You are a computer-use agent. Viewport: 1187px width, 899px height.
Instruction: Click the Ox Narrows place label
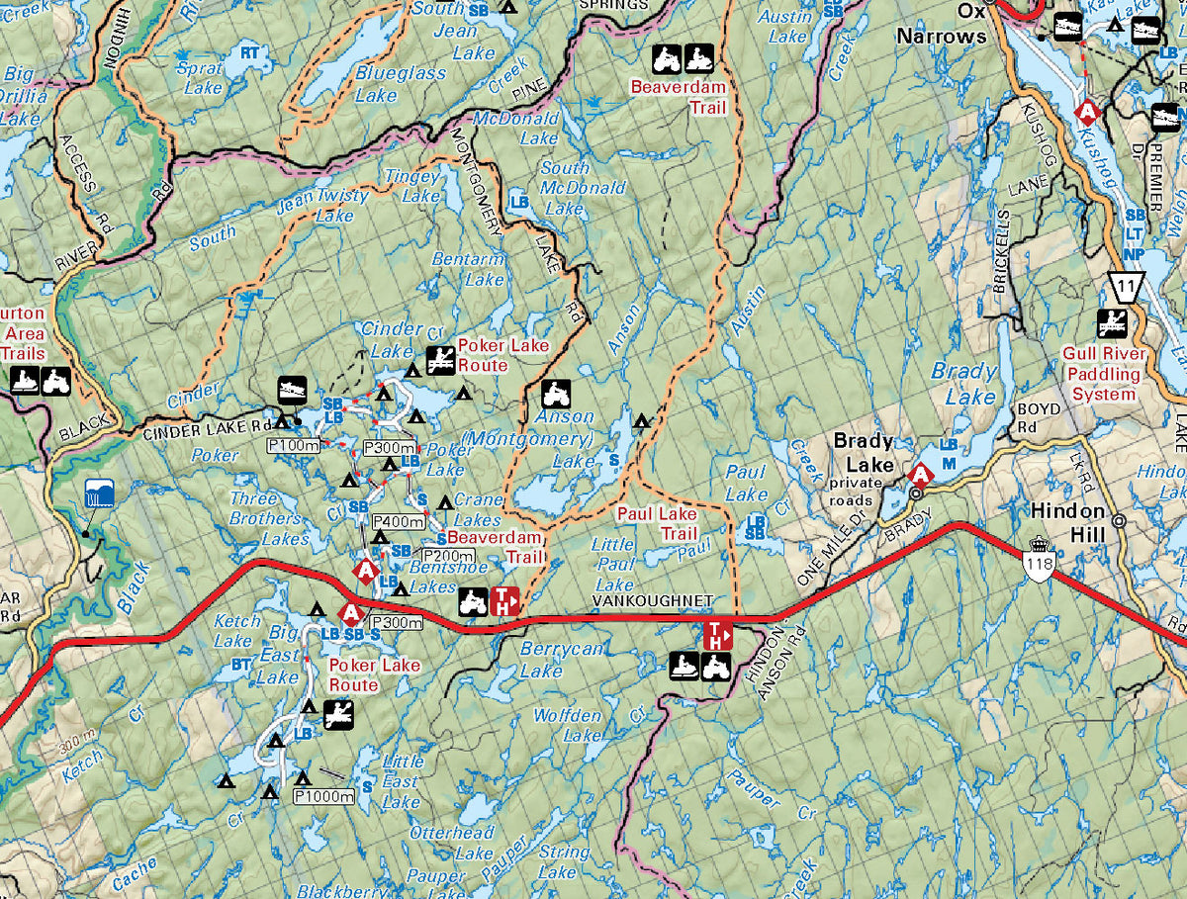(941, 24)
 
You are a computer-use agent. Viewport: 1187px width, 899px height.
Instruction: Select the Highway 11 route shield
(1126, 286)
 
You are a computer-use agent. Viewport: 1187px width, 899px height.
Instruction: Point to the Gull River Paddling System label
(1104, 374)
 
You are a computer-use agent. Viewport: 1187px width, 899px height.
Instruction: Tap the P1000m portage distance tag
(323, 796)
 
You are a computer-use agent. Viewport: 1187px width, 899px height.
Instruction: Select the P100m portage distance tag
(293, 447)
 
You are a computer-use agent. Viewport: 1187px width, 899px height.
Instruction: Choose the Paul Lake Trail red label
(657, 523)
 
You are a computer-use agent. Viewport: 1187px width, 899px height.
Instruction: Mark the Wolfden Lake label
(567, 725)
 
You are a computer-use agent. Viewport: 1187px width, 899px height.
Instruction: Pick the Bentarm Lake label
(468, 269)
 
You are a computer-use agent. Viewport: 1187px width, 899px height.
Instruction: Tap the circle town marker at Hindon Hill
(1119, 520)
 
